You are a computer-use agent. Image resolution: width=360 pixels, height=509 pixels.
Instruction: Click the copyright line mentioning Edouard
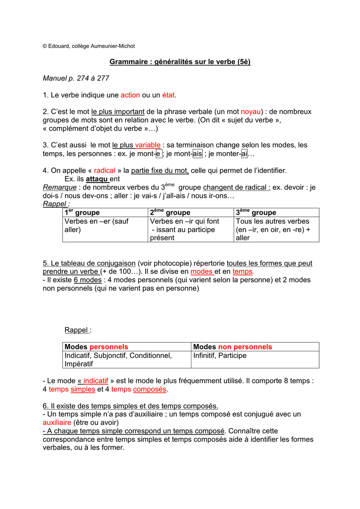tap(89, 46)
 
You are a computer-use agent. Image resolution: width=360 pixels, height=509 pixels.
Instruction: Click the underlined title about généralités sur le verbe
tap(180, 62)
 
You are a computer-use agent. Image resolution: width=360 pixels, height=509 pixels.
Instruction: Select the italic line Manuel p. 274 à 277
tap(76, 78)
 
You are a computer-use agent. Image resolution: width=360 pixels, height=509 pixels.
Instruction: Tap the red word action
tap(130, 95)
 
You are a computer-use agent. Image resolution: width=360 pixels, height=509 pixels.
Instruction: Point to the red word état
tap(169, 95)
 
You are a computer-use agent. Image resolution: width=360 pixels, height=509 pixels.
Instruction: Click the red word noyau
tap(251, 112)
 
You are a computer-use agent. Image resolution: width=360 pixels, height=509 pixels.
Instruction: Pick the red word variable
tap(148, 145)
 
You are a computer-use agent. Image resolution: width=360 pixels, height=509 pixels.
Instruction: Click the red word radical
tap(104, 170)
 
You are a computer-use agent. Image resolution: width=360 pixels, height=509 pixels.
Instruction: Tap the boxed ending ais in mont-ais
tap(197, 154)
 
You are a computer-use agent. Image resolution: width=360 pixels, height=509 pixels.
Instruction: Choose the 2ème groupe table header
tap(170, 212)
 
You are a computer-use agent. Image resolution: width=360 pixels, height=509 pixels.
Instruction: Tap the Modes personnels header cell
tap(96, 346)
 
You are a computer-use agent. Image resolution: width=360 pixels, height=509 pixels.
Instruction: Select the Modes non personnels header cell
tap(232, 346)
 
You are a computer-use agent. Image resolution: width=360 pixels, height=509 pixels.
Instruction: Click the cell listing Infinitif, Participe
tap(220, 355)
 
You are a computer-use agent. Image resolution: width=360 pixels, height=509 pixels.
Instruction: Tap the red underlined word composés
tap(150, 389)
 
